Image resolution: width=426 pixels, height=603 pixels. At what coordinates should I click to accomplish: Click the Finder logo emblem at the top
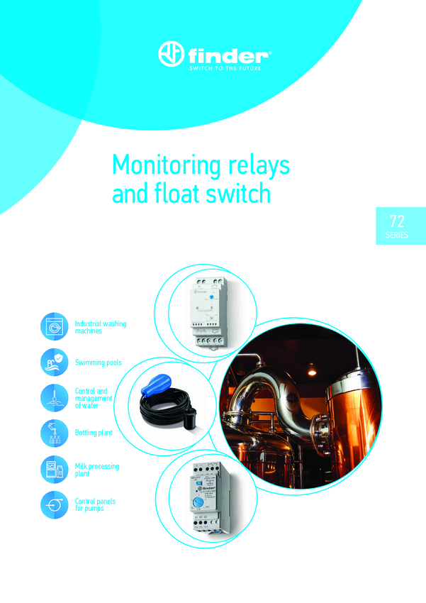pyautogui.click(x=172, y=54)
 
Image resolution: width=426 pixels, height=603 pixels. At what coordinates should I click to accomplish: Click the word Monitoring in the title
pyautogui.click(x=166, y=165)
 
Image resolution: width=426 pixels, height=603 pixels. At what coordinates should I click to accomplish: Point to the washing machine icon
pyautogui.click(x=54, y=327)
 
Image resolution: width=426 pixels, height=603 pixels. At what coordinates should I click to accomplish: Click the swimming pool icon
pyautogui.click(x=54, y=362)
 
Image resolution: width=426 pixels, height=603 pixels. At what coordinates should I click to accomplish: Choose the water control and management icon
pyautogui.click(x=54, y=397)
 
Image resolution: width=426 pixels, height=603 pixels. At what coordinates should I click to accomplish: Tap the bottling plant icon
pyautogui.click(x=54, y=432)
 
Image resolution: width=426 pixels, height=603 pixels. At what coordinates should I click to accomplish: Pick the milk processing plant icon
pyautogui.click(x=54, y=470)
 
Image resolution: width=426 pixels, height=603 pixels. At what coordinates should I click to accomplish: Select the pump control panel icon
pyautogui.click(x=54, y=505)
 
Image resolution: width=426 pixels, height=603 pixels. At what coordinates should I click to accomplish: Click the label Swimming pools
pyautogui.click(x=98, y=363)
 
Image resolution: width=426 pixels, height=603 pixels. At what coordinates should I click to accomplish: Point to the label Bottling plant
pyautogui.click(x=94, y=432)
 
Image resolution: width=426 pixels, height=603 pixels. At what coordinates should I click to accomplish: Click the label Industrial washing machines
pyautogui.click(x=100, y=327)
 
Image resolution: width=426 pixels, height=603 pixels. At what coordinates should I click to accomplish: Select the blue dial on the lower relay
pyautogui.click(x=198, y=502)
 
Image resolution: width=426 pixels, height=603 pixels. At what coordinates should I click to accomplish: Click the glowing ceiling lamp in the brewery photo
pyautogui.click(x=310, y=368)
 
